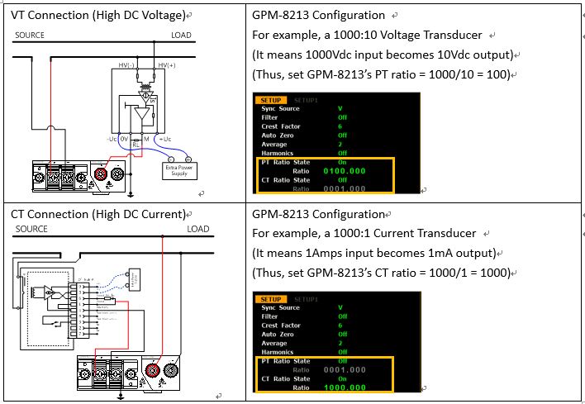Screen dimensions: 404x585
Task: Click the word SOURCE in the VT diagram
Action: (x=30, y=36)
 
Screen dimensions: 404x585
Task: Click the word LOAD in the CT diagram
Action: (x=197, y=229)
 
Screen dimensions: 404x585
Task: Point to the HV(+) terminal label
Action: (x=167, y=65)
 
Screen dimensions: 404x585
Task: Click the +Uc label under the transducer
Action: (x=164, y=139)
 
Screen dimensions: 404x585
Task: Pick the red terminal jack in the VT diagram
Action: (x=102, y=173)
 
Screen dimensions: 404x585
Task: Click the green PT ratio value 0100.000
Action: (x=345, y=171)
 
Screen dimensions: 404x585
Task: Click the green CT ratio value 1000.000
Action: (x=345, y=387)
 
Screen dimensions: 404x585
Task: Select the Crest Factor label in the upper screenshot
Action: (x=281, y=126)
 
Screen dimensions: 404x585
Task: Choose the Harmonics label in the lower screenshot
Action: (x=279, y=351)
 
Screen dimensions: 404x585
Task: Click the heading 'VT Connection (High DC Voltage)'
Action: (x=97, y=15)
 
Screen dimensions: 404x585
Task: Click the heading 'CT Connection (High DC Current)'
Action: (x=97, y=214)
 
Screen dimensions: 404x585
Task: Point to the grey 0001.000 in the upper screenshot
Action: (x=345, y=189)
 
